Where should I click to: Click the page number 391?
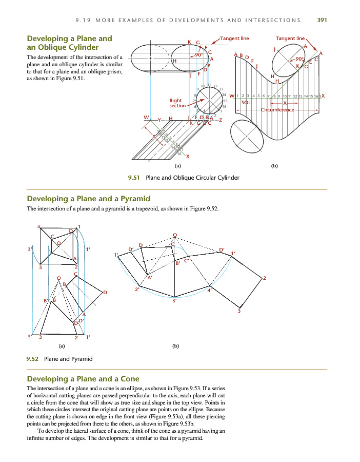322,21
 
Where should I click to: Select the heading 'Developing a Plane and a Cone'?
83,379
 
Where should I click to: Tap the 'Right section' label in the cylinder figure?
177,103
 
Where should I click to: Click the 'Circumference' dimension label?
277,110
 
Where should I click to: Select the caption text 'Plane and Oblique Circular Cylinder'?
193,178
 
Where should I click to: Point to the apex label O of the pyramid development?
175,235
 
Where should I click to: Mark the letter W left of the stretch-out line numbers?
232,96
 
